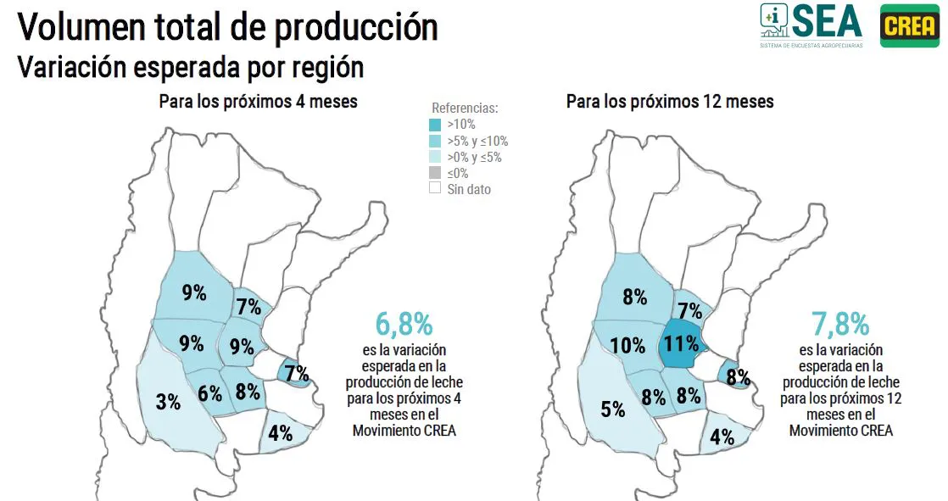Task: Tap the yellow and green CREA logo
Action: pos(909,26)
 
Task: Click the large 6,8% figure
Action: pos(404,324)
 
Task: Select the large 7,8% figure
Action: pos(839,324)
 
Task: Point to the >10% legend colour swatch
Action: pos(435,125)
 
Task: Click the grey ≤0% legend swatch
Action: pos(435,173)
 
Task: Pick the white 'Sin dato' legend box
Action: pos(435,189)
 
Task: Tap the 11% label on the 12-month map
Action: pos(682,343)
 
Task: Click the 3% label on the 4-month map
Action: pos(168,402)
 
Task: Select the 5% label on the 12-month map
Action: pos(612,409)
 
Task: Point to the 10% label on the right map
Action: pos(628,345)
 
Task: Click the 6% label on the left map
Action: pos(209,393)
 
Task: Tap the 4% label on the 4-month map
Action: pos(280,433)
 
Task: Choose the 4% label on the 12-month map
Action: pos(722,437)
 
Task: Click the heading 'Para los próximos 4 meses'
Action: pos(258,102)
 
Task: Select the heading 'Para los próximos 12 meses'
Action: pos(670,102)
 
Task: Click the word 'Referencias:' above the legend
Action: pos(465,109)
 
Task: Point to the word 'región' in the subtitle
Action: pos(329,66)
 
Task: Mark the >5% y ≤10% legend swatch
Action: pos(435,141)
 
